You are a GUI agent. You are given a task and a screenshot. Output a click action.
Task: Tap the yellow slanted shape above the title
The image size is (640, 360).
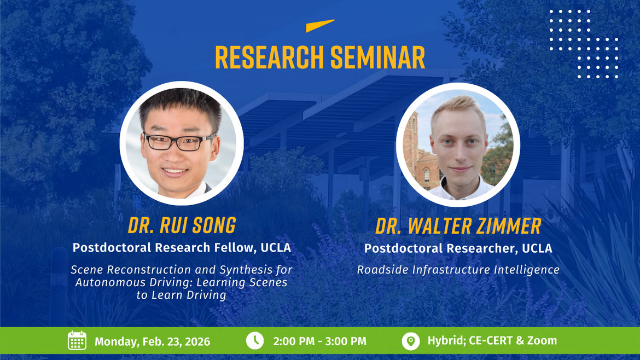pos(320,26)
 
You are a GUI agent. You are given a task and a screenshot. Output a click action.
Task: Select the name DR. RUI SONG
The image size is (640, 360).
pos(182,225)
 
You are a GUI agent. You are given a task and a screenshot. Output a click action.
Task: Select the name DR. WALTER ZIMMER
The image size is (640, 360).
pos(458,226)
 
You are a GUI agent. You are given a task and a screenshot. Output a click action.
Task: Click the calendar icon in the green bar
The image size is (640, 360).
pos(77,340)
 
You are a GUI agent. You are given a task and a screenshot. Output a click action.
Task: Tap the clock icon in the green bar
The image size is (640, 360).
pos(254,340)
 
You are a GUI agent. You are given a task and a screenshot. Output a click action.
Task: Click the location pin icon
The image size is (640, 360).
pos(410,340)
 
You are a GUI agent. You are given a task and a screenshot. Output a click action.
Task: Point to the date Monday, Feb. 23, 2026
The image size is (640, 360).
pos(152,341)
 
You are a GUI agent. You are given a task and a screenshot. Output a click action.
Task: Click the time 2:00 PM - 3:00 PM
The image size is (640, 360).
pos(320,341)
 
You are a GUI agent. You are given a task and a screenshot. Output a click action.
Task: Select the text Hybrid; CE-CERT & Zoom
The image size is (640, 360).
pos(492,340)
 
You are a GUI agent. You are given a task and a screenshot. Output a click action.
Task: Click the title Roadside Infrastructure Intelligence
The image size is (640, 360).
pos(458,270)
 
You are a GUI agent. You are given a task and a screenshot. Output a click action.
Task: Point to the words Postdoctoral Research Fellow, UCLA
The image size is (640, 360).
pos(182,247)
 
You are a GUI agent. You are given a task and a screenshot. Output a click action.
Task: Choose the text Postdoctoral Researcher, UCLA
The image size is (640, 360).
pos(458,248)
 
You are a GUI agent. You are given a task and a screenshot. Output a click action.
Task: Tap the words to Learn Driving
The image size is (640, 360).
pos(182,295)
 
